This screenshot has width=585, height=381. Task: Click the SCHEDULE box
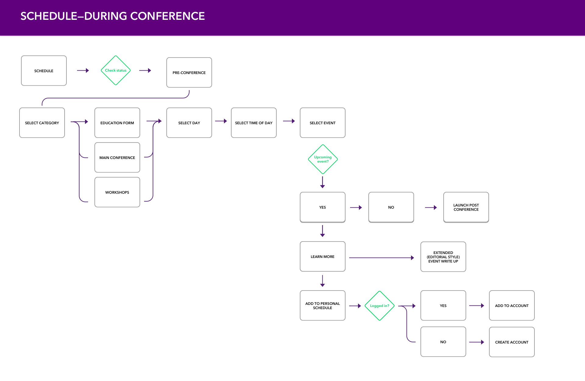point(44,71)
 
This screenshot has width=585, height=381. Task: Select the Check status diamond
point(116,70)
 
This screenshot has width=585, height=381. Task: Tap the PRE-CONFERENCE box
point(189,72)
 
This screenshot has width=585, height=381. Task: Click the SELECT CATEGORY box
point(42,123)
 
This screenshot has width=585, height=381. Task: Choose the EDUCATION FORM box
point(117,123)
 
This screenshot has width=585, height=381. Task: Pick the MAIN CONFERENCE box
point(117,157)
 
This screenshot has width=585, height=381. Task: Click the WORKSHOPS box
point(117,192)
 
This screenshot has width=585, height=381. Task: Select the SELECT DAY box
point(189,123)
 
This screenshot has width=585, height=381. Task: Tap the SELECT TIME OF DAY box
point(254,123)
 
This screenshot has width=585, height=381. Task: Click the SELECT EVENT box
point(323,123)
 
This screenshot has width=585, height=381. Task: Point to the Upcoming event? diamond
point(323,159)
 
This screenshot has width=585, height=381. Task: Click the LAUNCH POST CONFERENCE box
point(466,207)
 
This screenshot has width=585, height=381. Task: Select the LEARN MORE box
point(323,256)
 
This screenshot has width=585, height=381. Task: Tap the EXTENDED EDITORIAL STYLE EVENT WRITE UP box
point(443,257)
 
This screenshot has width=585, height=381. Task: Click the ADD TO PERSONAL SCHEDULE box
point(323,305)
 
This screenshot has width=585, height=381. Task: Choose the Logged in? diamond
point(380,306)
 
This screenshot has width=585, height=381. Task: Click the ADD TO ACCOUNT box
point(512,305)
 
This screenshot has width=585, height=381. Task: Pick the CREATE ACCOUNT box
point(512,342)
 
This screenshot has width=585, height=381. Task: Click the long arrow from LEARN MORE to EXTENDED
point(381,258)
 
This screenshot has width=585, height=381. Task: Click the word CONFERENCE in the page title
point(168,16)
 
